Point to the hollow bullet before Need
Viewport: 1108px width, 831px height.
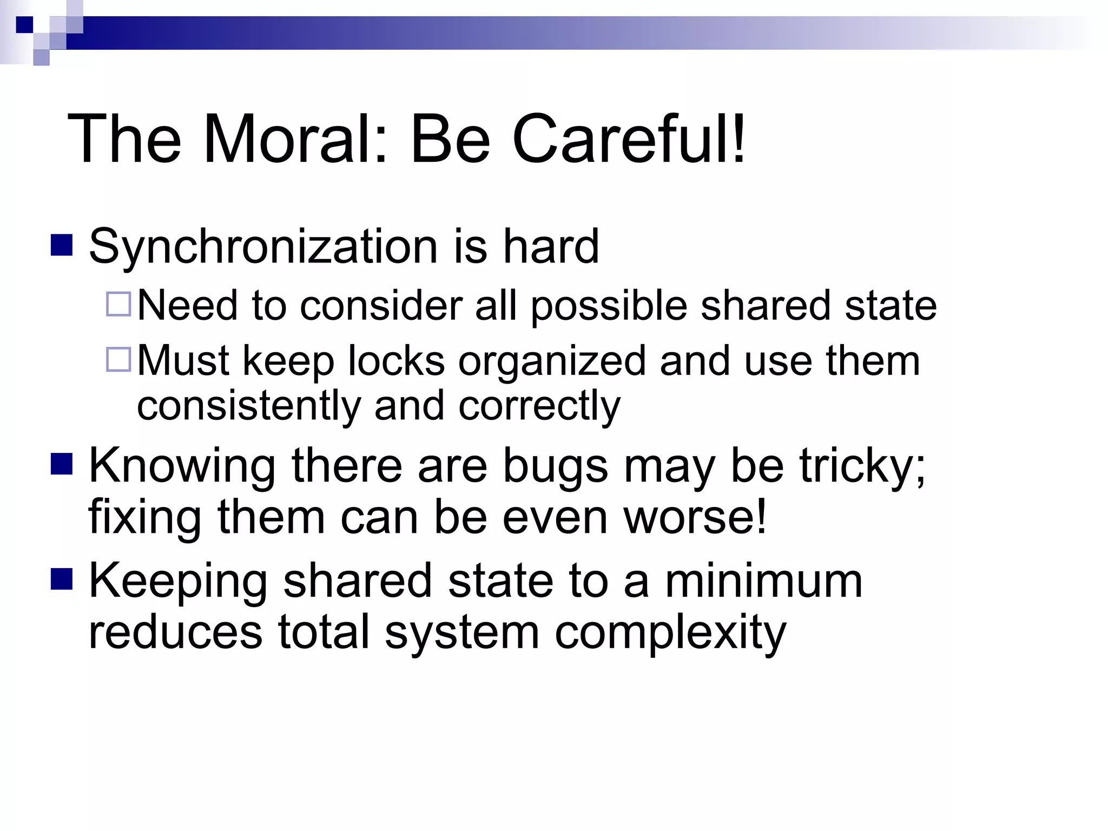click(118, 304)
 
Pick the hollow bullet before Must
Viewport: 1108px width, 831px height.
click(118, 359)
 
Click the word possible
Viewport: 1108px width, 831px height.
click(609, 307)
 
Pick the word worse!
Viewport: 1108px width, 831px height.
click(695, 518)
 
